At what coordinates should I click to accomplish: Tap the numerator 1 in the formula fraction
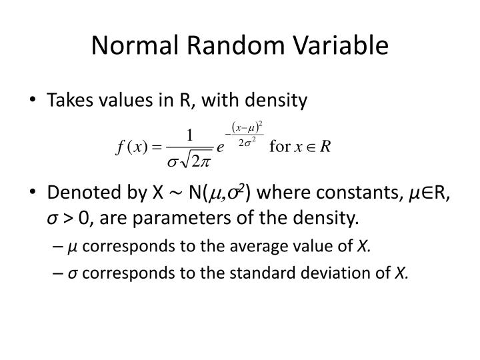click(190, 136)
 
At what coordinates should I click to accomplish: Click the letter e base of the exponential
click(219, 148)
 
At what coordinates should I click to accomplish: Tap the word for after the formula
click(279, 147)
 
